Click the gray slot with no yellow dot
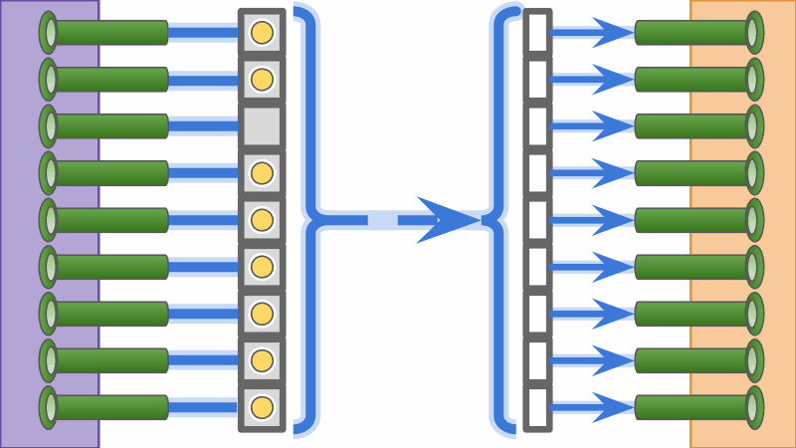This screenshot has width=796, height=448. tap(262, 126)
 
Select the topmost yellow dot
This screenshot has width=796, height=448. tap(262, 32)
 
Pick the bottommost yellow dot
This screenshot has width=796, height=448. tap(262, 407)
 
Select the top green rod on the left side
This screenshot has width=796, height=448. tap(109, 32)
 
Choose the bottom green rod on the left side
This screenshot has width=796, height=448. tap(109, 407)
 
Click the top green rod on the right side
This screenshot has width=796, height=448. tap(692, 32)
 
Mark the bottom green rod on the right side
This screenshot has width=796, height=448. tap(692, 407)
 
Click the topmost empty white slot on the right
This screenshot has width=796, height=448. tap(537, 32)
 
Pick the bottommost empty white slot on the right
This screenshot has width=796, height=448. tap(537, 407)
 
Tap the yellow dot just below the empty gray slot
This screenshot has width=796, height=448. tap(262, 173)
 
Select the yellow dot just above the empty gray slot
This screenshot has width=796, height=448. tap(262, 79)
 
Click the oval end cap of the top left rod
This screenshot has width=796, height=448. tap(48, 32)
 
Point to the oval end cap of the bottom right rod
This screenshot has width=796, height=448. tap(753, 407)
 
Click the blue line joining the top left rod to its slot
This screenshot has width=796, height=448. tap(204, 32)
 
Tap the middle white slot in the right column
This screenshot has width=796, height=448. tap(537, 220)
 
